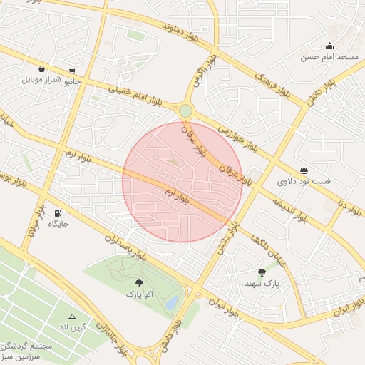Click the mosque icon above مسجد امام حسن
(x=329, y=46)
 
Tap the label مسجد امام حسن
(x=329, y=57)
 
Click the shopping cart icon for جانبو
(x=72, y=71)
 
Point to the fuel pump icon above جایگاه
(x=58, y=212)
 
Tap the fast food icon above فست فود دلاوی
(x=304, y=170)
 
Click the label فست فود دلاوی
(x=304, y=182)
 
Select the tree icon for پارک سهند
(x=262, y=272)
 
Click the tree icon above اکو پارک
(x=139, y=283)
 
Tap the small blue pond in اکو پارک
(x=172, y=304)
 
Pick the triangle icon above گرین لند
(x=72, y=316)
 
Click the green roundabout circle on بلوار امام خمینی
(x=185, y=110)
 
